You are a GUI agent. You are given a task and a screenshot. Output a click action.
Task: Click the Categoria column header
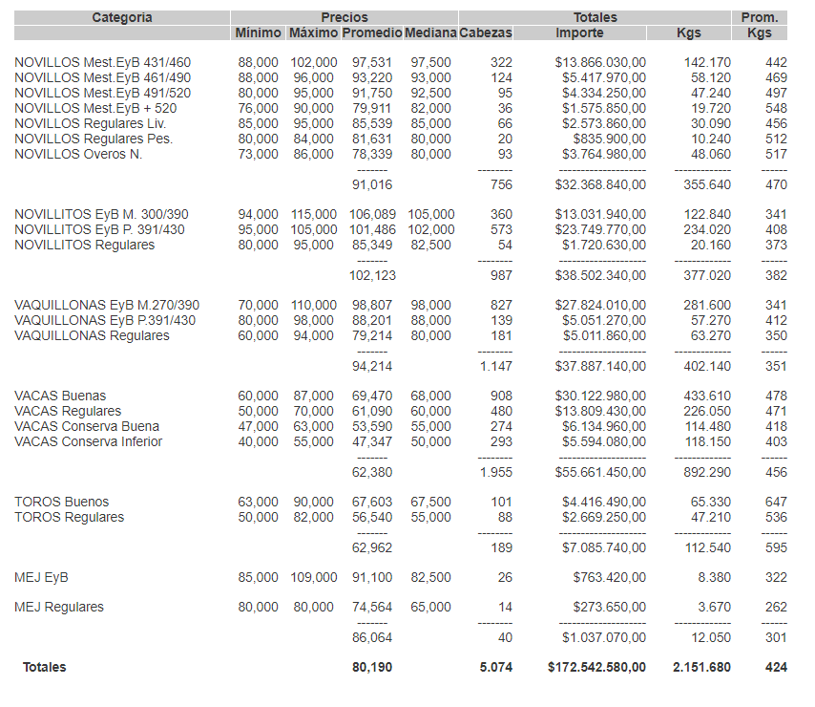coord(122,17)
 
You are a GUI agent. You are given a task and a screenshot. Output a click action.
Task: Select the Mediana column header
coord(429,32)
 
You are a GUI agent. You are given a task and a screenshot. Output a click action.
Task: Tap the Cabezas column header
coord(486,32)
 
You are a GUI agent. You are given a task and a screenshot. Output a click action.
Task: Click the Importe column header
coord(579,32)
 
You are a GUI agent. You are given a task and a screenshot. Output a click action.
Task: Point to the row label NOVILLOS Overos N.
coord(78,154)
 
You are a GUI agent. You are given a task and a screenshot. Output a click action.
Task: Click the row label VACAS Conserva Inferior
coord(89,441)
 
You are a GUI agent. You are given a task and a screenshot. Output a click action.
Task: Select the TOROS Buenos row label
coord(62,502)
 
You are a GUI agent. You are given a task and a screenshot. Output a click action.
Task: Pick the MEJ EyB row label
coord(41,577)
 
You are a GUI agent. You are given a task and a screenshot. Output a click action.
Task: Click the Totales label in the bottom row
coord(45,667)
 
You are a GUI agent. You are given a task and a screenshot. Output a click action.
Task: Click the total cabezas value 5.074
coord(495,667)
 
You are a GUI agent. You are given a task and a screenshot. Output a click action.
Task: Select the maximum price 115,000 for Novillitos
coord(313,215)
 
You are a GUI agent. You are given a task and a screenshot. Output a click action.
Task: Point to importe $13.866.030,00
coord(600,62)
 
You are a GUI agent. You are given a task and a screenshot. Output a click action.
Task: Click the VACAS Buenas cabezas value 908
coord(499,396)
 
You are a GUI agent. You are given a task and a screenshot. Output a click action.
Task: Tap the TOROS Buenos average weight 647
coord(776,502)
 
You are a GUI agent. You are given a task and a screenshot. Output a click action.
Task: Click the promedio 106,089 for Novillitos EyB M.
coord(368,215)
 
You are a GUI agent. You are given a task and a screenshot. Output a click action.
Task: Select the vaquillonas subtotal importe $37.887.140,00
coord(600,365)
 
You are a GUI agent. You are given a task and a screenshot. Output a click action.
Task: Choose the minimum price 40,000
coord(258,441)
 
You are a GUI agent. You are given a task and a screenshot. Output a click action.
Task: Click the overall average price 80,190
coord(372,667)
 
